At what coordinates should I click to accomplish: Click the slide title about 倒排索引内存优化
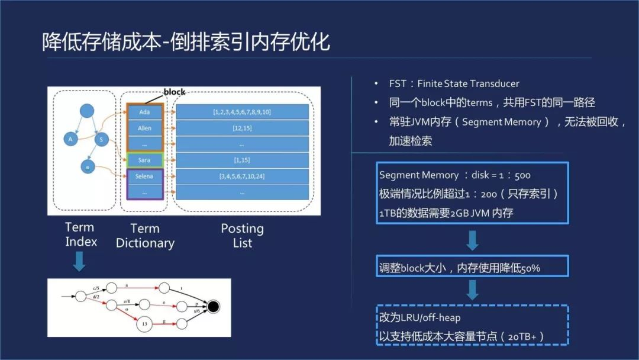186,42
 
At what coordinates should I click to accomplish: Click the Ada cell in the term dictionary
144,112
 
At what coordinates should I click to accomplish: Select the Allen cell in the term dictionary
144,128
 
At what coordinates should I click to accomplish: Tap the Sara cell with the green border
144,160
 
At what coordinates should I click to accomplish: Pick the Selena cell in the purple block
144,176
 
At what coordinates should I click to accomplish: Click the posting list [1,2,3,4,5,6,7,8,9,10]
243,112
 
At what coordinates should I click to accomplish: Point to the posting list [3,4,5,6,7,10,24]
243,176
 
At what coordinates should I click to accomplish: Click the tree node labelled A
70,139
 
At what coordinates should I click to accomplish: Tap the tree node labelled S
102,139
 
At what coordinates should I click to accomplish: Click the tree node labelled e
88,168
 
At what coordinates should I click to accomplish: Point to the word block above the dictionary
174,92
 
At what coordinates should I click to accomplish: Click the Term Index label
80,234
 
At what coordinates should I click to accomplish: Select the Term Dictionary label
145,236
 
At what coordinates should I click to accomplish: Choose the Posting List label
243,236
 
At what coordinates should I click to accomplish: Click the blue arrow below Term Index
80,261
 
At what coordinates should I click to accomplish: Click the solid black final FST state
213,307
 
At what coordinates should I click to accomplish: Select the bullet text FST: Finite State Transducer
454,83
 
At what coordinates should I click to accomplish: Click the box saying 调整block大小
472,268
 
